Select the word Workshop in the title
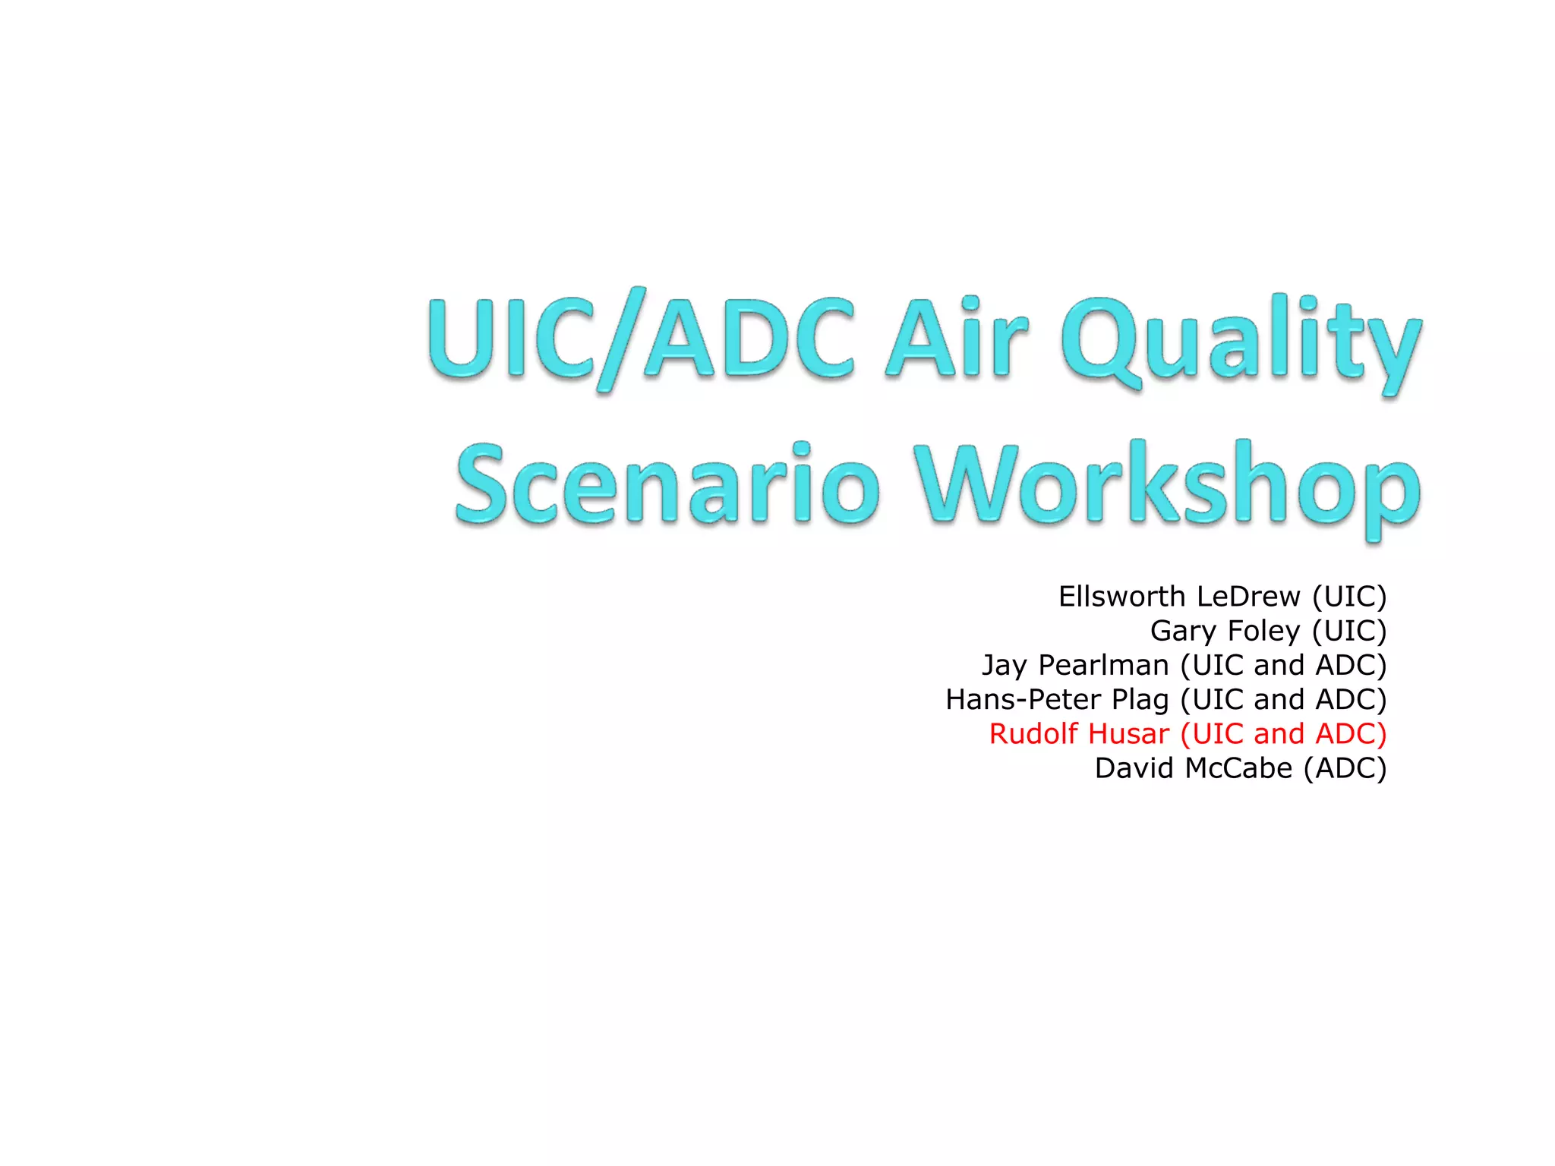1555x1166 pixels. click(1166, 486)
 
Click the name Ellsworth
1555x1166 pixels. click(1121, 597)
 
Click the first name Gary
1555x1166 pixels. click(1182, 632)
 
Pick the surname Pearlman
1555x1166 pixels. click(1102, 666)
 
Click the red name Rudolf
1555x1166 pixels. click(1033, 734)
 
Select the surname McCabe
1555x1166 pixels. click(1238, 768)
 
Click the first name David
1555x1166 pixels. click(1134, 768)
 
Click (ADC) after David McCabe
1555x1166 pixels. click(1345, 768)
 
